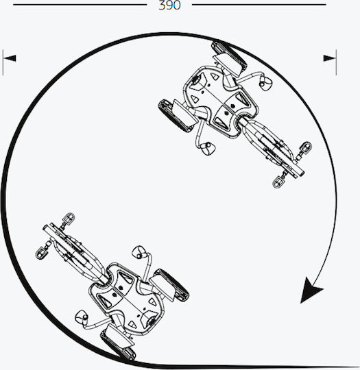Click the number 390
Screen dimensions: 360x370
[169, 5]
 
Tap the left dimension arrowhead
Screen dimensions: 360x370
[10, 58]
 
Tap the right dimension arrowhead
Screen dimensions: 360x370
[330, 58]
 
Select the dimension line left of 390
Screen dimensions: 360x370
[80, 5]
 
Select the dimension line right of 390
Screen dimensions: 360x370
[259, 5]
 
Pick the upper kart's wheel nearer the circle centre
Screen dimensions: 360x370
[176, 116]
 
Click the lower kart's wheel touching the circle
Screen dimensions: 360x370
[118, 345]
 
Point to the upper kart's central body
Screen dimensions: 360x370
[220, 101]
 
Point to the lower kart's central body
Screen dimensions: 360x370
[126, 299]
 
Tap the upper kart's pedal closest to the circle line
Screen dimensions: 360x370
[306, 147]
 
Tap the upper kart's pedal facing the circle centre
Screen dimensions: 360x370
[278, 182]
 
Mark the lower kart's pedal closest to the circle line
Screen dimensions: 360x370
[41, 254]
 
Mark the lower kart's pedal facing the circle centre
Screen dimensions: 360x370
[69, 219]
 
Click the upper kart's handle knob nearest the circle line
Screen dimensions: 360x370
[266, 83]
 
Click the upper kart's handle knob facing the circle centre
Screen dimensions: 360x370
[207, 149]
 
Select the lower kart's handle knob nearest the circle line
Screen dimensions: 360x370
[82, 318]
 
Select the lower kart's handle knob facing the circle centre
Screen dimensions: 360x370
[139, 252]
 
